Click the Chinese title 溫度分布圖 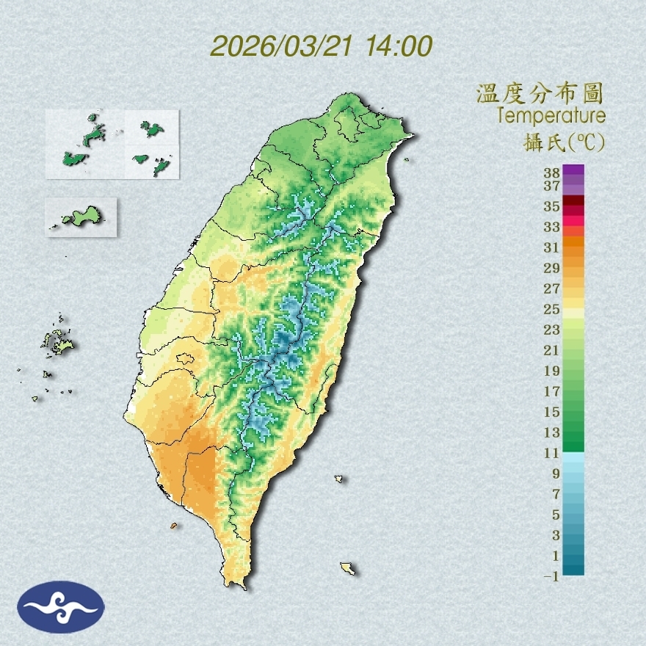pos(540,94)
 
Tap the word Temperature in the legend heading pos(551,116)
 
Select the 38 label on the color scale pos(552,173)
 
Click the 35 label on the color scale pos(552,206)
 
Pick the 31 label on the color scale pos(552,248)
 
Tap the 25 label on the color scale pos(552,309)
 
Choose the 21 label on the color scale pos(552,350)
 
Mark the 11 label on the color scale pos(552,453)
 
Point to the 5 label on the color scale pos(556,515)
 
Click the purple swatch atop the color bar pos(573,170)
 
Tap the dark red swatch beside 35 pos(573,200)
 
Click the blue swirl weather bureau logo pos(62,607)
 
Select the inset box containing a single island pos(81,217)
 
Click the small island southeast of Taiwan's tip pos(348,567)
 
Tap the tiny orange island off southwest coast pos(174,526)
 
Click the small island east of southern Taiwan pos(339,479)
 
